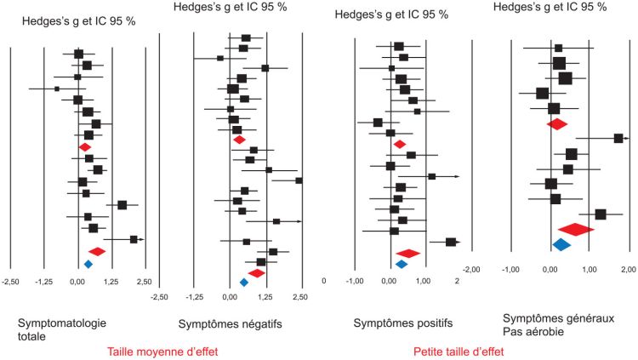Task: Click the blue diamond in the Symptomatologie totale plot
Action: [x=88, y=264]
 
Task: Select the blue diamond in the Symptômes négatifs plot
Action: [x=244, y=283]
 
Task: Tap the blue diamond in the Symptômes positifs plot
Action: [x=402, y=264]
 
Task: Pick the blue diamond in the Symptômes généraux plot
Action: [x=561, y=245]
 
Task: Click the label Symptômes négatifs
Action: [x=230, y=324]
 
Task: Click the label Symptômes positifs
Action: [x=402, y=323]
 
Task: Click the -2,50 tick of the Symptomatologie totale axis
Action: [x=11, y=281]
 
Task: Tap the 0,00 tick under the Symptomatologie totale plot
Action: [x=77, y=281]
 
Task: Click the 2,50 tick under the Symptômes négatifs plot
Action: [x=299, y=296]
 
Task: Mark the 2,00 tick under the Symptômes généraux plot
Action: [x=628, y=269]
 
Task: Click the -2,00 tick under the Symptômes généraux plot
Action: [x=472, y=269]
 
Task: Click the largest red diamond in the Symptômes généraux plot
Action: [x=576, y=229]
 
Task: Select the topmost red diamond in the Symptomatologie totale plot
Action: [x=84, y=147]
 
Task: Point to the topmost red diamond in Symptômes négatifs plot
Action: [x=239, y=140]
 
